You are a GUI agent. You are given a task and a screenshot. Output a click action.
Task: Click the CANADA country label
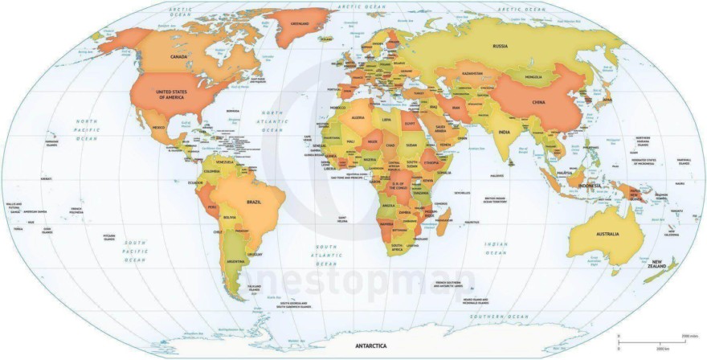179,57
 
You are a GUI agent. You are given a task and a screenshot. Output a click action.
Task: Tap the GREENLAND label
298,22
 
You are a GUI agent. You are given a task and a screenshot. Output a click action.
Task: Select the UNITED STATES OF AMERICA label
170,95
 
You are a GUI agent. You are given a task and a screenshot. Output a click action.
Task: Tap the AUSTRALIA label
607,233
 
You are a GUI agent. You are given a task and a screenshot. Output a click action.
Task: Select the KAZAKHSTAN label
472,74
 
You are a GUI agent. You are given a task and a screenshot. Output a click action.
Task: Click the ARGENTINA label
236,262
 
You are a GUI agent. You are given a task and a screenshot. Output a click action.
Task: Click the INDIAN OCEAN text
496,247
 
